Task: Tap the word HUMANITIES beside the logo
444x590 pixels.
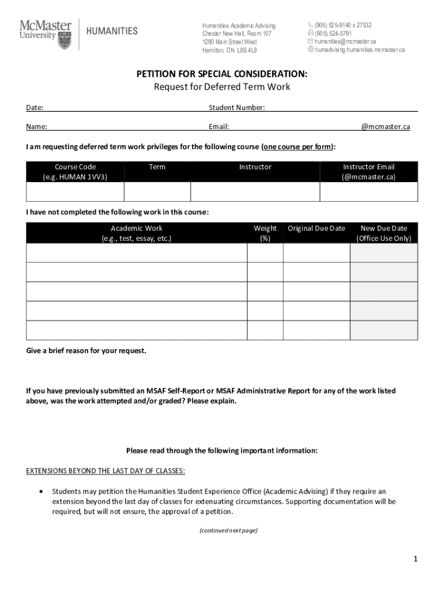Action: [112, 31]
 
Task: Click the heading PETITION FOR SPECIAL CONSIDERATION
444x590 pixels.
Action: [221, 74]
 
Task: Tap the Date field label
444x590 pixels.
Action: [35, 108]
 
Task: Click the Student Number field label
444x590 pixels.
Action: [237, 108]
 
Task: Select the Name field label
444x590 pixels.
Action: [36, 127]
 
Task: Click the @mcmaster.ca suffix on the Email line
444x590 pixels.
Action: [386, 127]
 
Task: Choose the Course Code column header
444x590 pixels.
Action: [75, 172]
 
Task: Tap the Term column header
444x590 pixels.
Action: [157, 167]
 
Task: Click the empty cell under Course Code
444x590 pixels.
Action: [75, 192]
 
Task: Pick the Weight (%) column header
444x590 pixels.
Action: [265, 233]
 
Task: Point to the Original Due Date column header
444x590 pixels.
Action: [317, 228]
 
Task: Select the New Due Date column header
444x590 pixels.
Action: [383, 233]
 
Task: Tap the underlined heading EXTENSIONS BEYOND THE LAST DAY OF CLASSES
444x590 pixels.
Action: [106, 471]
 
